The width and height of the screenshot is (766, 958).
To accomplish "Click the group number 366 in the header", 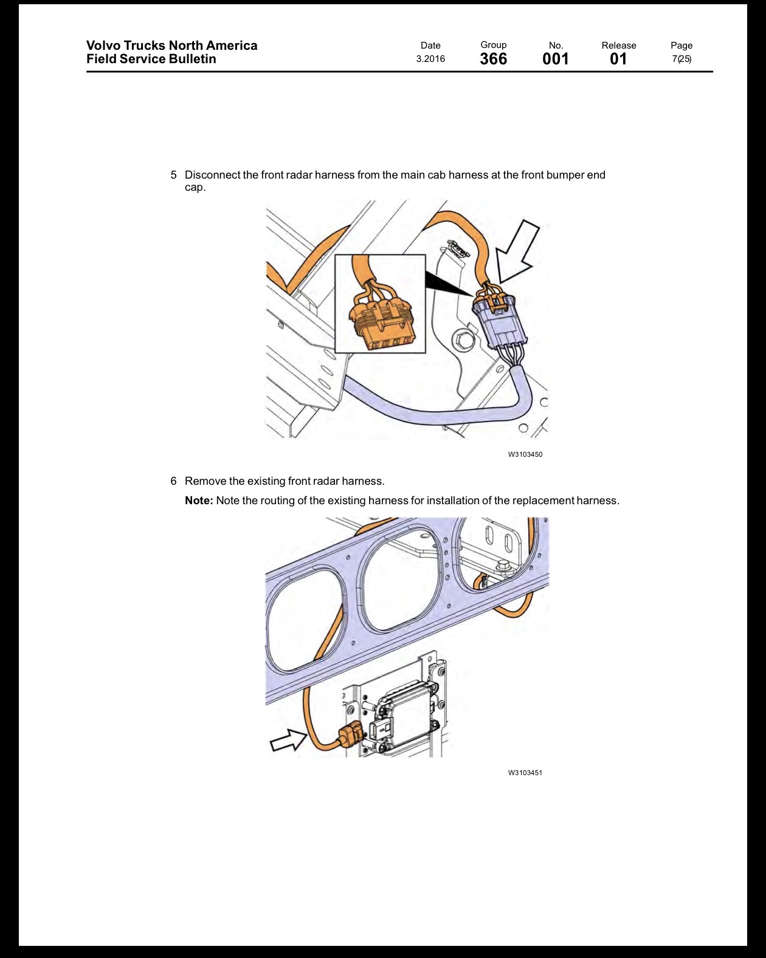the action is [493, 59].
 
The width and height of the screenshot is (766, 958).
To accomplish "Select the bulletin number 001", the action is [555, 59].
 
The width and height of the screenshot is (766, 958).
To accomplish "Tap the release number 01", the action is [618, 59].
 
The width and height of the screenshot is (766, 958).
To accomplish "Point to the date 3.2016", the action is [430, 59].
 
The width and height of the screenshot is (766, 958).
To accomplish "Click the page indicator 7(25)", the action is [681, 59].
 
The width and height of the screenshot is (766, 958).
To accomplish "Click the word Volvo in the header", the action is [103, 46].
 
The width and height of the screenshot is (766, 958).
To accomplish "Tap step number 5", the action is [174, 175].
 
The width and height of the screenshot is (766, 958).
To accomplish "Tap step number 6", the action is [174, 481].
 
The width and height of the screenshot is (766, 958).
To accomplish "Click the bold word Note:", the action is [199, 501].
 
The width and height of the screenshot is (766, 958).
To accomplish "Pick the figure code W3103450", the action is [525, 454].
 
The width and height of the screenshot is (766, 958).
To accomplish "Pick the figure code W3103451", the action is [525, 773].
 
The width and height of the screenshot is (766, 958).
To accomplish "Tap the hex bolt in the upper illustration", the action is [460, 341].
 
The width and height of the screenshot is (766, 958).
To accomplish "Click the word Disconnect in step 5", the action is [213, 175].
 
